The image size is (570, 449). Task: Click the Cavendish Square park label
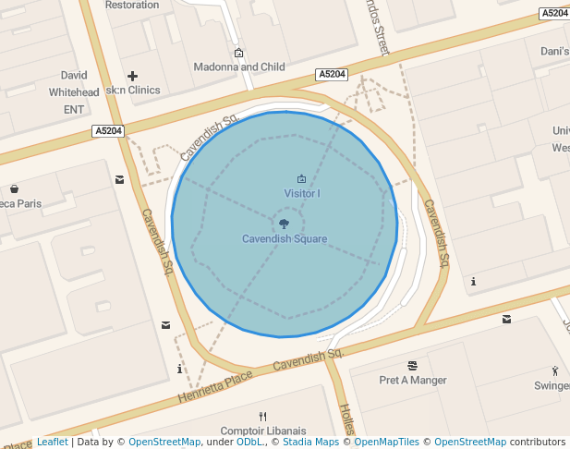tap(285, 239)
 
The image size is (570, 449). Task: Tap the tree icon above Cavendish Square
tap(284, 224)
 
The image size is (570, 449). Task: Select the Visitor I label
tap(302, 194)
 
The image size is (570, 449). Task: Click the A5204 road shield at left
tap(108, 131)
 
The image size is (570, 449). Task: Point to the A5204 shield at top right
tap(554, 13)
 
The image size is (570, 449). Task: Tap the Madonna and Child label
tap(238, 67)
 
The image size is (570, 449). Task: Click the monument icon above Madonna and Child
tap(239, 53)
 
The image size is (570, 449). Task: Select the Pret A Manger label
tap(413, 381)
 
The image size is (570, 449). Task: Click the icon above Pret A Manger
tap(412, 366)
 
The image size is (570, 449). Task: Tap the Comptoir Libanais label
tap(262, 432)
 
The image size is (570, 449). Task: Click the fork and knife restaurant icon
tap(262, 416)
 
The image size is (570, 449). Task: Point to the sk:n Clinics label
tap(133, 91)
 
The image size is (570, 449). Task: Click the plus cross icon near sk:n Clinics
tap(132, 76)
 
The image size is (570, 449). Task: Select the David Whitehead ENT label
tap(74, 92)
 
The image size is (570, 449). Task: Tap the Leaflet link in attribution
tap(52, 443)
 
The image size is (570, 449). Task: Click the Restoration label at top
tap(132, 5)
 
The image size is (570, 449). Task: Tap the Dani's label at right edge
tap(554, 52)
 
